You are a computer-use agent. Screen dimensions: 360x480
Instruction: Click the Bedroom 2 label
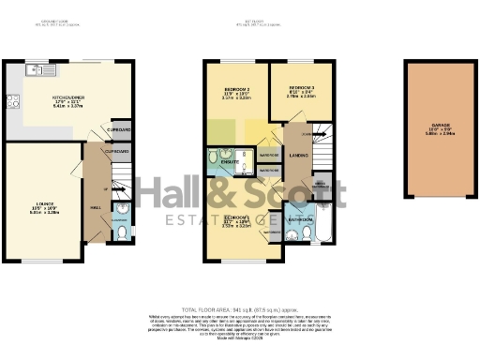(x=234, y=91)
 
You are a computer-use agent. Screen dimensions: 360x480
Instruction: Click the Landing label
(x=300, y=157)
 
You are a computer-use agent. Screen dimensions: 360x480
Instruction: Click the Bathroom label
(x=301, y=221)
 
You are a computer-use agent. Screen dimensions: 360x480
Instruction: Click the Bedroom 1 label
(x=234, y=218)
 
